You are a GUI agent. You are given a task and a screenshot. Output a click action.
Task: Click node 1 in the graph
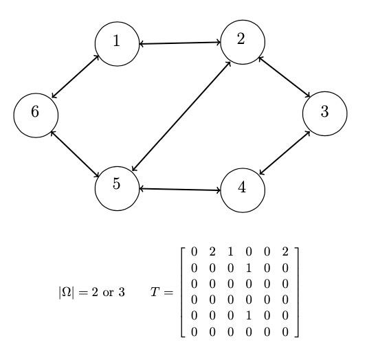pyautogui.click(x=117, y=43)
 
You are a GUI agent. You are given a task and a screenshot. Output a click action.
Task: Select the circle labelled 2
pyautogui.click(x=242, y=41)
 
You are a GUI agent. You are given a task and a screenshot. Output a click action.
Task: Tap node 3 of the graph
pyautogui.click(x=324, y=113)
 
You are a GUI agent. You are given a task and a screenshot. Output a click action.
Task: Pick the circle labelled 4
pyautogui.click(x=242, y=188)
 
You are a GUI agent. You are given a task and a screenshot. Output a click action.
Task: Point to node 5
pyautogui.click(x=117, y=185)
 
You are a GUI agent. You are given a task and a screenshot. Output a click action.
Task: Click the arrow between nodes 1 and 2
pyautogui.click(x=179, y=43)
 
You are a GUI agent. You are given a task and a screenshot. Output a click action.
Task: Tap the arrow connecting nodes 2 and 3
pyautogui.click(x=283, y=77)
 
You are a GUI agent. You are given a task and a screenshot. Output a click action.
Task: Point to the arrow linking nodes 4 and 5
pyautogui.click(x=179, y=188)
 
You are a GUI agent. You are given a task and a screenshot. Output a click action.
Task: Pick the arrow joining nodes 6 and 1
pyautogui.click(x=76, y=76)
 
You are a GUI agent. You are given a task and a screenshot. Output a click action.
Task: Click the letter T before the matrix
pyautogui.click(x=155, y=292)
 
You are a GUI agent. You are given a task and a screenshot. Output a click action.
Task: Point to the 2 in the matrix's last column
pyautogui.click(x=284, y=251)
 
